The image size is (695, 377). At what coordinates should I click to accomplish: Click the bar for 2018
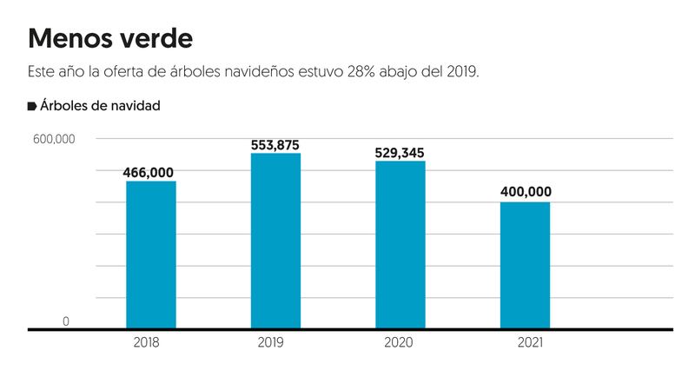pyautogui.click(x=150, y=255)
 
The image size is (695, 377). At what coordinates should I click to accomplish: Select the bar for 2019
pyautogui.click(x=275, y=241)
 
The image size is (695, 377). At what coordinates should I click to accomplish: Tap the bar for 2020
pyautogui.click(x=400, y=245)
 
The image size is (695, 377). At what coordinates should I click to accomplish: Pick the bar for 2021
pyautogui.click(x=525, y=265)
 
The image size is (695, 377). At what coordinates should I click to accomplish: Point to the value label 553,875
pyautogui.click(x=275, y=144)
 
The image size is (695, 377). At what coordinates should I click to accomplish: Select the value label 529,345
pyautogui.click(x=400, y=152)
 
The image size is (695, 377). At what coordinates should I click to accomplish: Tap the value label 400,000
pyautogui.click(x=525, y=192)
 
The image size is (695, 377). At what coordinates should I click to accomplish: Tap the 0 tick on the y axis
pyautogui.click(x=65, y=321)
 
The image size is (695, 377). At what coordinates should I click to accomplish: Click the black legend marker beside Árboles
pyautogui.click(x=32, y=106)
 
